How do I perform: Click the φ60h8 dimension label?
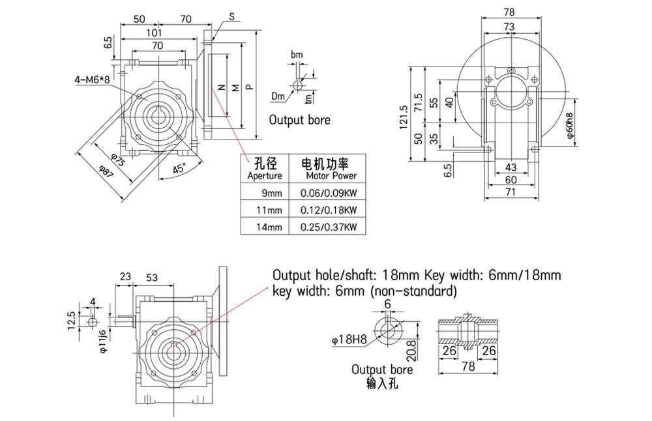(569, 126)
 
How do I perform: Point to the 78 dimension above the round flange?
(510, 12)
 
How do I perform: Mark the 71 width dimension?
(510, 192)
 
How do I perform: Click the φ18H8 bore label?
(347, 339)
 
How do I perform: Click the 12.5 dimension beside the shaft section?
(71, 319)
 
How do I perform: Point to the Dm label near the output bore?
(278, 96)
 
